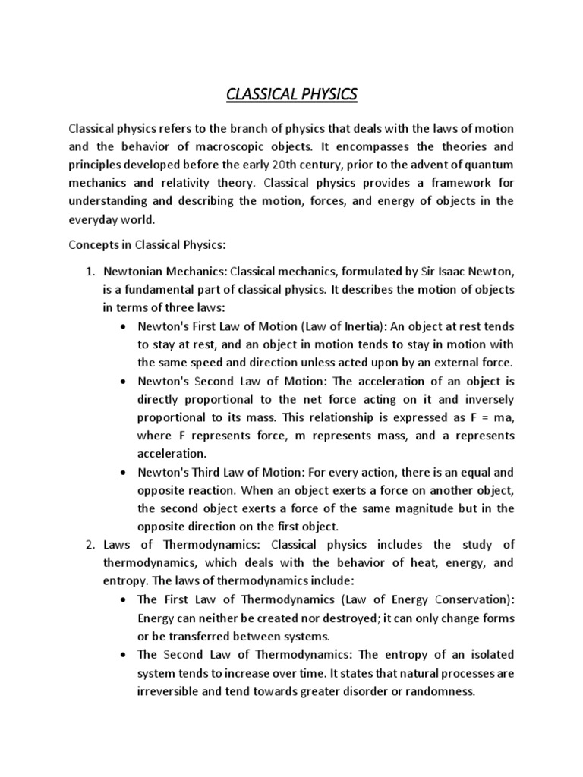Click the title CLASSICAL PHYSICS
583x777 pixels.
pyautogui.click(x=292, y=95)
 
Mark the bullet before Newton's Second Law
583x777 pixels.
pyautogui.click(x=124, y=382)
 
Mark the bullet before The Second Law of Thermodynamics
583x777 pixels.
pyautogui.click(x=124, y=654)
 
